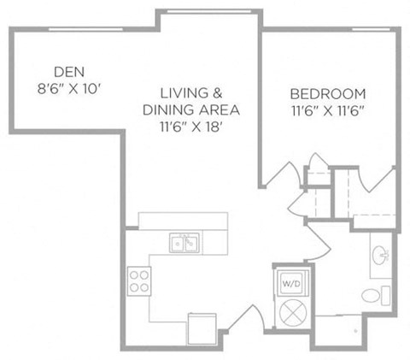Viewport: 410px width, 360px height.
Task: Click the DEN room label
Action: click(69, 72)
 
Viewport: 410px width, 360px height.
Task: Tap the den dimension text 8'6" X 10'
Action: click(69, 89)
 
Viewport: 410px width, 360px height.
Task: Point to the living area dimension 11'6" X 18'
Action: click(190, 127)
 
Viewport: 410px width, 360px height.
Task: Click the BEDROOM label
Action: click(328, 94)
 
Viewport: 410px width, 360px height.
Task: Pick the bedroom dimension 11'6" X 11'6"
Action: click(328, 111)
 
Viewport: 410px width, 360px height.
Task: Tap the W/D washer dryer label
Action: click(291, 284)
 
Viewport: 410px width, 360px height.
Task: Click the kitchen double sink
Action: click(184, 243)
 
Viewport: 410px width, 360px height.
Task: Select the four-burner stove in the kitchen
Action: click(139, 280)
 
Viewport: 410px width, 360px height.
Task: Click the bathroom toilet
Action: click(376, 296)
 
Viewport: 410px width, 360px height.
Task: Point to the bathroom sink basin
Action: click(380, 254)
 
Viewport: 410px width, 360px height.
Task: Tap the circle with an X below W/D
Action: click(293, 313)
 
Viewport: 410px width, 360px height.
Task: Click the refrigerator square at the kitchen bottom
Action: click(202, 329)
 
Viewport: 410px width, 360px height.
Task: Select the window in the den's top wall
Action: click(85, 29)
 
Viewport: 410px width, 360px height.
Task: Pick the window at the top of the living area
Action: click(209, 11)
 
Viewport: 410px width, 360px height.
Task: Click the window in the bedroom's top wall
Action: click(371, 29)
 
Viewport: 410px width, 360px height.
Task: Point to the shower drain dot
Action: click(355, 331)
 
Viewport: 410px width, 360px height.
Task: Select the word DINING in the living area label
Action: click(167, 110)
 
